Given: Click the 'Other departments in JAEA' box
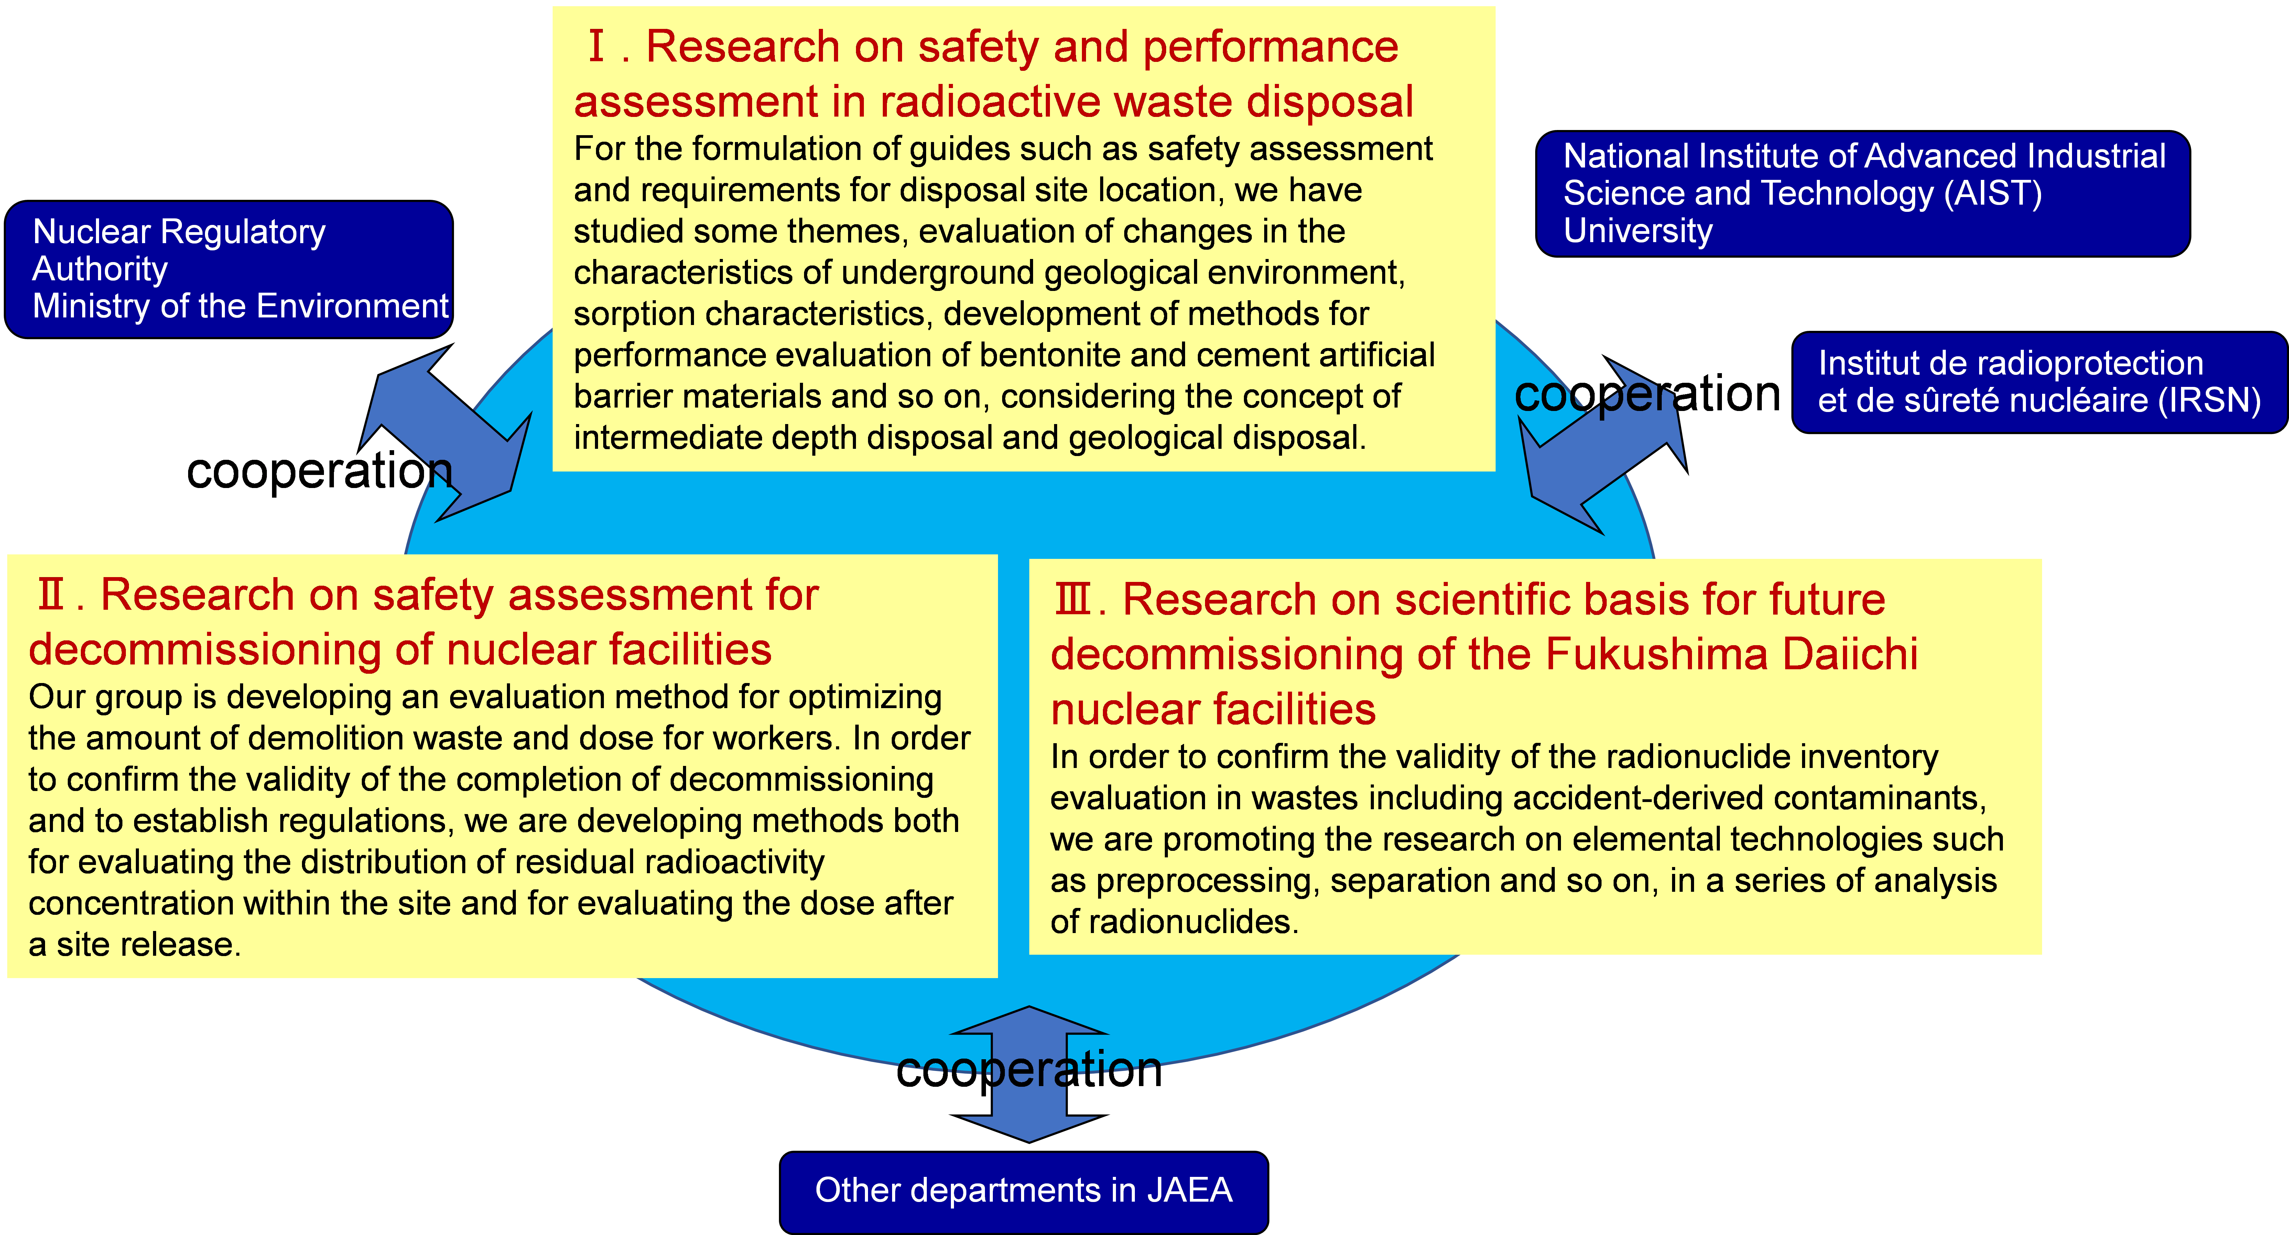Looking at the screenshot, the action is click(1024, 1191).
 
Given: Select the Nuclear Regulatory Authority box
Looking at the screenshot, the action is click(229, 269).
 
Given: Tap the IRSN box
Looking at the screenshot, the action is click(2039, 382).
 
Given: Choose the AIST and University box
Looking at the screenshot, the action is click(1863, 194).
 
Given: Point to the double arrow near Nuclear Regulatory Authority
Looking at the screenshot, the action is click(444, 433).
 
